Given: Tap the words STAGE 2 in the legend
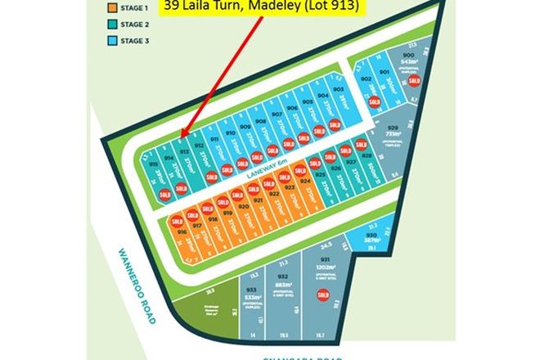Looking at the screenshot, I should click(134, 25).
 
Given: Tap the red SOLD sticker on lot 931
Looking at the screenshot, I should click(323, 293).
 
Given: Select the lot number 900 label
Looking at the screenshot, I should click(410, 54).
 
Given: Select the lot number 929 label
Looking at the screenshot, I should click(394, 129).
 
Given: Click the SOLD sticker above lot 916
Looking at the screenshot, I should click(175, 218).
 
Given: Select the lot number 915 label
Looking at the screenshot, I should click(153, 164).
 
